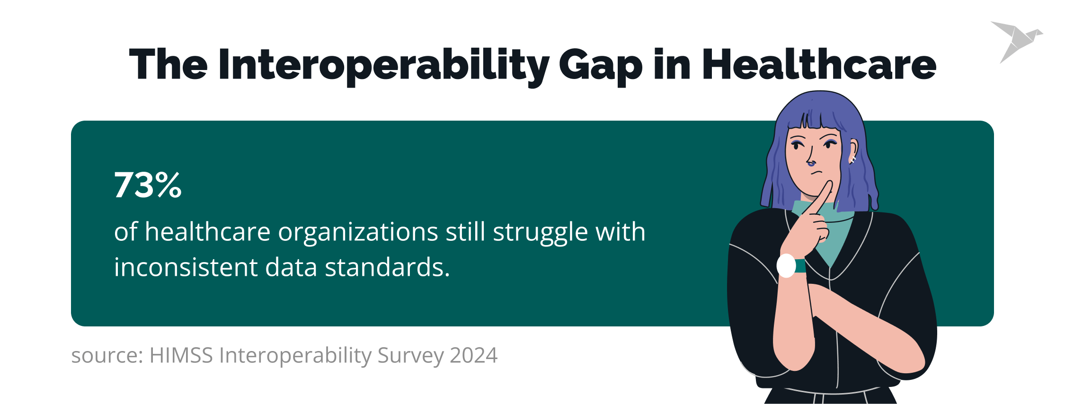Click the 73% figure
(148, 185)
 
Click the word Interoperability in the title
(383, 65)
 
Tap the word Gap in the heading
(600, 65)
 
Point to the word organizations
(358, 232)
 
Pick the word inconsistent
(186, 267)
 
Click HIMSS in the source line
(181, 355)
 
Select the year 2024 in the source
(473, 355)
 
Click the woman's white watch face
(786, 266)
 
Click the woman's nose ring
(811, 164)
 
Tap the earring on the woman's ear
(852, 159)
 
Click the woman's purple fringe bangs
(816, 121)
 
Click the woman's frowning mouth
(816, 173)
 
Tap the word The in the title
(168, 65)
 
